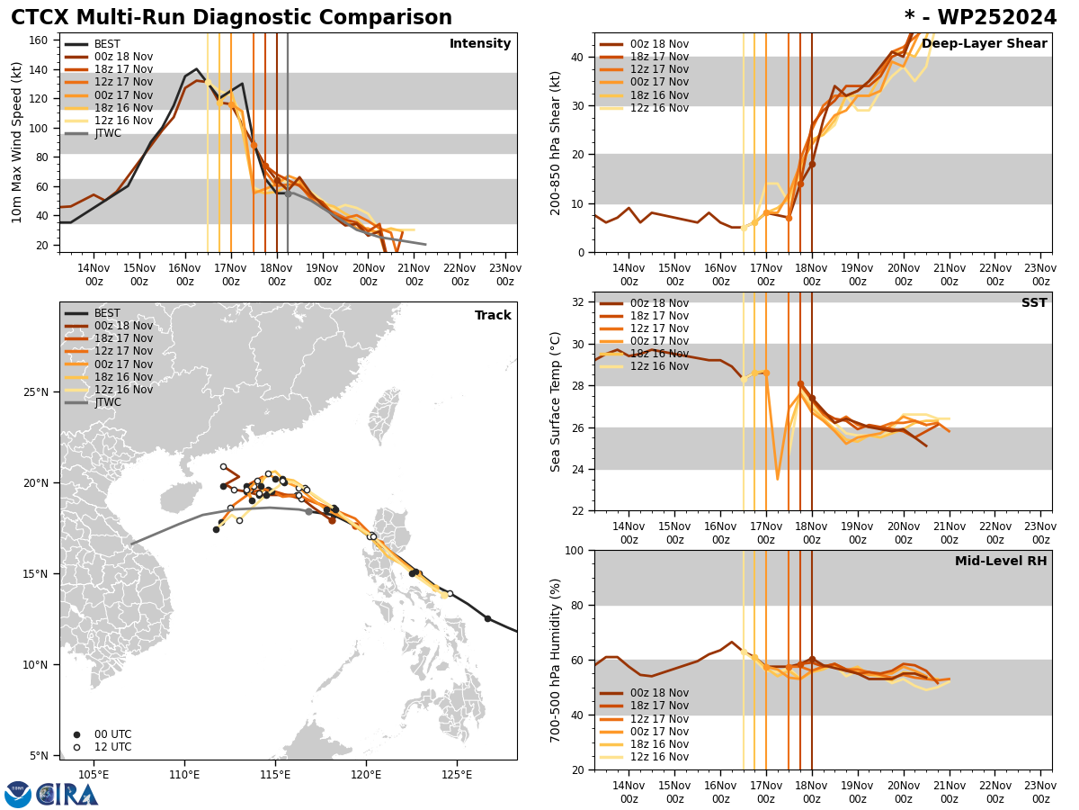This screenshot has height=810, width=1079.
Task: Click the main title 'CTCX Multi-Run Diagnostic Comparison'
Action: coord(231,18)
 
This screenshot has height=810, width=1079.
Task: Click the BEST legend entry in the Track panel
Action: coord(107,313)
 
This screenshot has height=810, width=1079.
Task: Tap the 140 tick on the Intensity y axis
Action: coord(42,69)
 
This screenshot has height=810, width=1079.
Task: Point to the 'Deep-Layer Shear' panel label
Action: coord(984,44)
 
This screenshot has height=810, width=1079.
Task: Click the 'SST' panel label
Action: coord(1034,303)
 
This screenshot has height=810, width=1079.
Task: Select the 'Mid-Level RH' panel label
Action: coord(1001,562)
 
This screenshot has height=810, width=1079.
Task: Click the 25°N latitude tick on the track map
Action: coord(39,392)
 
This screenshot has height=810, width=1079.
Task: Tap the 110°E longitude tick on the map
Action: coord(184,773)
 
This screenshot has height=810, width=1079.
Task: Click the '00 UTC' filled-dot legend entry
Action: coord(105,734)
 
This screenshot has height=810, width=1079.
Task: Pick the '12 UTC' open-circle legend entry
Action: coord(105,747)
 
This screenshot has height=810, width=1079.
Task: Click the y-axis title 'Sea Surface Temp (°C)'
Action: coord(557,401)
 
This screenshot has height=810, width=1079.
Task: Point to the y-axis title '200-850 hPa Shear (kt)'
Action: coord(557,142)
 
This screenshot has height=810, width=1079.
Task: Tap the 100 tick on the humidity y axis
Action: coord(575,551)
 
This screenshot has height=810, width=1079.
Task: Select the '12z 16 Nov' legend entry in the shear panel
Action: coord(659,108)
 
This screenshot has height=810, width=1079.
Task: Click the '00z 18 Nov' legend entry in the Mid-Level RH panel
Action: coord(659,693)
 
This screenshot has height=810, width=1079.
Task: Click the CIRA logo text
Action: coord(67,795)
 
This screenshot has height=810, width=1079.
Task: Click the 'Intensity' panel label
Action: coord(480,44)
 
